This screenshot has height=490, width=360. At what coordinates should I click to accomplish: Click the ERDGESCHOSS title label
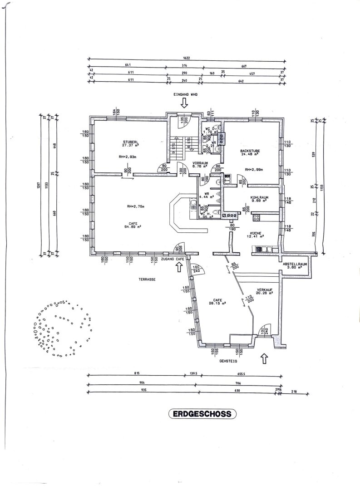click(202, 414)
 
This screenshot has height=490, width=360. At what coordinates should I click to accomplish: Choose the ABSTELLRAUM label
click(295, 263)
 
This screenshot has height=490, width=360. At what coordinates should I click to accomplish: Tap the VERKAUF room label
click(264, 289)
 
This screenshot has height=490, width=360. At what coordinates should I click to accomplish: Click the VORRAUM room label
click(200, 162)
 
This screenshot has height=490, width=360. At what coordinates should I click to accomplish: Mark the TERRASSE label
click(147, 280)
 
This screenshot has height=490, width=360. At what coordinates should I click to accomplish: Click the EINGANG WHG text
click(183, 94)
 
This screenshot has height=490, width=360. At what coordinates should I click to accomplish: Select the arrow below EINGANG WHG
click(183, 103)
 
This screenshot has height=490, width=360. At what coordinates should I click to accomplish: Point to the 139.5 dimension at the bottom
click(193, 373)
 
